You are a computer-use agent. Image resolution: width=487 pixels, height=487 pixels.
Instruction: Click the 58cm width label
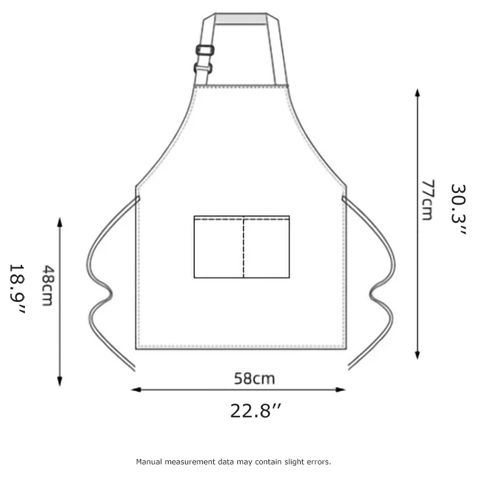click(x=254, y=379)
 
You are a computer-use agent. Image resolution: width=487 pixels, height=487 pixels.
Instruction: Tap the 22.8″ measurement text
click(x=255, y=410)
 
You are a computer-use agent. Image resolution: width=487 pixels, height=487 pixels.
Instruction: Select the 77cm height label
click(x=427, y=200)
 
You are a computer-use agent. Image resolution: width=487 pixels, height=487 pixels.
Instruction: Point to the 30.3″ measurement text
click(x=458, y=209)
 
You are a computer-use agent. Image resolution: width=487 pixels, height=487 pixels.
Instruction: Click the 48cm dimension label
click(x=48, y=286)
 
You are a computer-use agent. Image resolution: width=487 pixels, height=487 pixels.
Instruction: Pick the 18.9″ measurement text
click(x=17, y=289)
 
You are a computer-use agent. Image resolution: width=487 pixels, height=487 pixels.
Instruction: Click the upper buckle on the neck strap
click(x=205, y=50)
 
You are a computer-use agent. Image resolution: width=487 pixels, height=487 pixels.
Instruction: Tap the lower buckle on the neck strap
click(x=203, y=68)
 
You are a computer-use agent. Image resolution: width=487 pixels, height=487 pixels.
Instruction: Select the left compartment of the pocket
click(x=219, y=247)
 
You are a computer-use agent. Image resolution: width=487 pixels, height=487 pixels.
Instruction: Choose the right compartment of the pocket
click(x=267, y=247)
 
